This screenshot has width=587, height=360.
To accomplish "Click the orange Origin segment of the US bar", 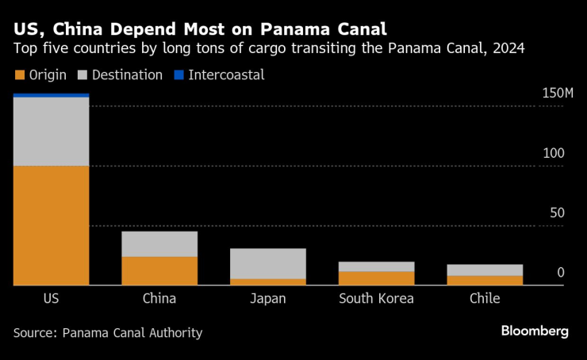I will (x=51, y=225).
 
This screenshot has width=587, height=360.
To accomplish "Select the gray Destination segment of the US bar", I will (x=51, y=132).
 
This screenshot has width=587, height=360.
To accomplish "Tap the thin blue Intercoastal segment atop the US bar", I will (x=51, y=95).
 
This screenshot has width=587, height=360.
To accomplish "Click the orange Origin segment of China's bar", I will (x=159, y=270).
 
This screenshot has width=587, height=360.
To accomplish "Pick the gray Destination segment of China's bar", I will (x=159, y=243).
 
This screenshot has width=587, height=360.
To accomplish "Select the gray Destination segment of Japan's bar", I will (x=268, y=263).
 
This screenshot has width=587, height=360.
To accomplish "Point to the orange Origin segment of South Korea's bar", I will (x=376, y=278).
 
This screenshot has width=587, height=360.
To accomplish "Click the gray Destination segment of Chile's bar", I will (x=485, y=270).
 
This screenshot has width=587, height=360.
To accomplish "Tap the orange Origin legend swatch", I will (x=19, y=75).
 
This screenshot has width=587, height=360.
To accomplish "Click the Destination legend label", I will (x=127, y=75).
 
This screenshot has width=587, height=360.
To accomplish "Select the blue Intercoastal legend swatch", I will (x=179, y=75).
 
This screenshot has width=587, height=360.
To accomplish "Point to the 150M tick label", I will (x=557, y=93).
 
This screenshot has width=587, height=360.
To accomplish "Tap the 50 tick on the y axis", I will (x=558, y=213).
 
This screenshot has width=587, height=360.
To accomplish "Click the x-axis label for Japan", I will (x=268, y=299).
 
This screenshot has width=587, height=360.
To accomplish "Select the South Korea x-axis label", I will (x=376, y=299).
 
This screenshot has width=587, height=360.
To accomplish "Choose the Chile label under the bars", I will (x=485, y=299).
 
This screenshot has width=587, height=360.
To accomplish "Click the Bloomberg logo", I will (x=534, y=331).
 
